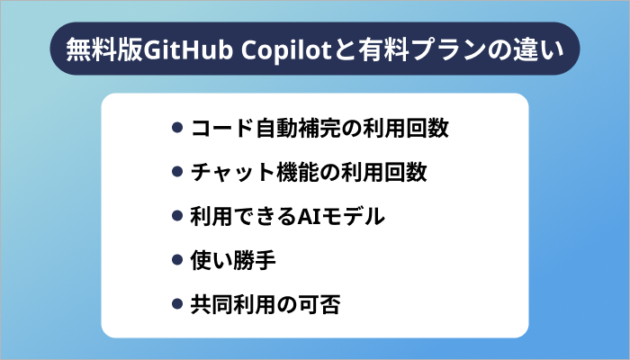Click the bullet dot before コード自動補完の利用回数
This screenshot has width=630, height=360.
[x=177, y=128]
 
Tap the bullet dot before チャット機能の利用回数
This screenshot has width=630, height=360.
[x=177, y=172]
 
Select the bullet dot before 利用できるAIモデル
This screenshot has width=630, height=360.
[x=177, y=216]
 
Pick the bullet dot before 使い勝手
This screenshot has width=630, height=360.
[x=177, y=260]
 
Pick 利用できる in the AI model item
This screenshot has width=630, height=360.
[x=247, y=216]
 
